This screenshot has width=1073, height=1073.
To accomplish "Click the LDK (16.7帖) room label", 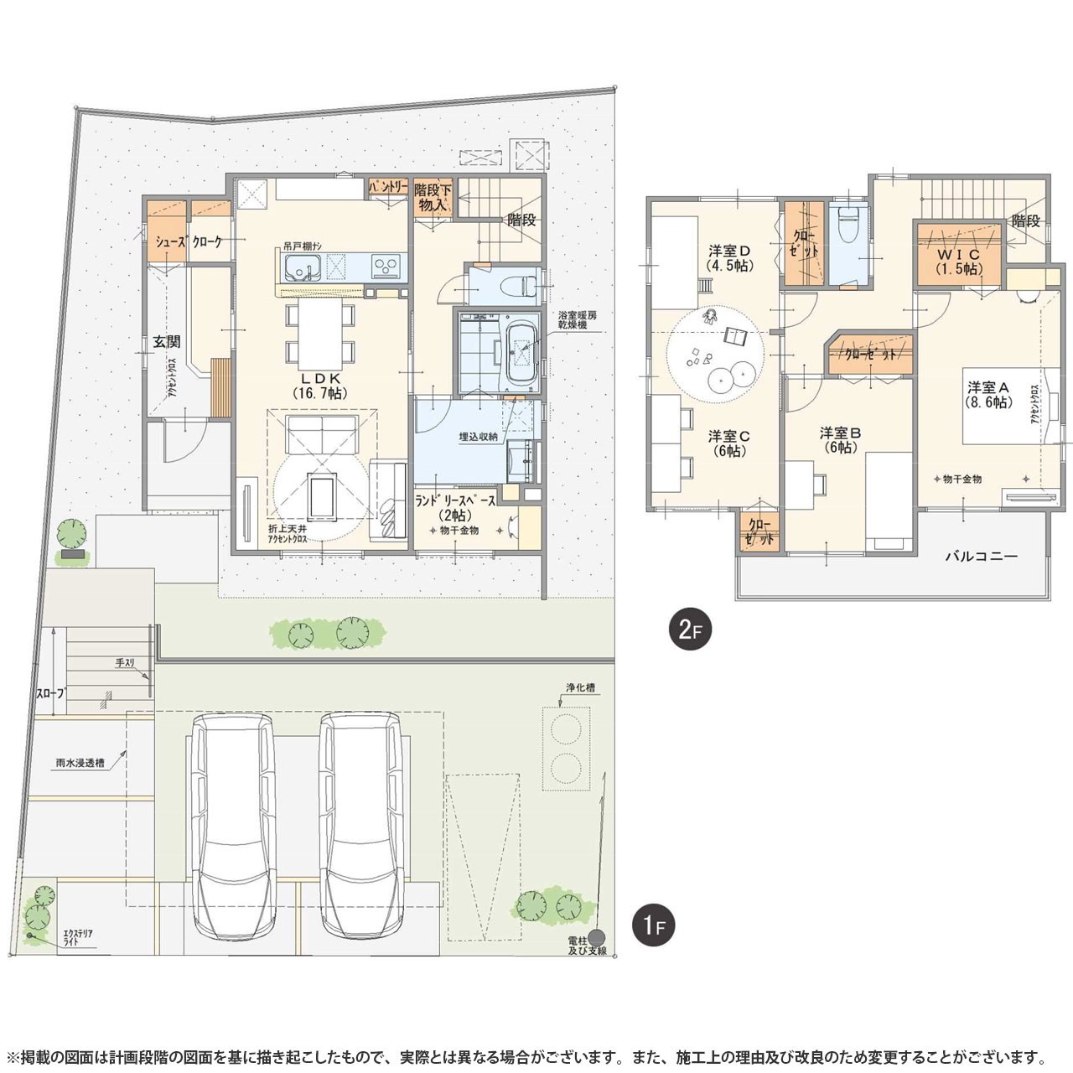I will click(x=320, y=385).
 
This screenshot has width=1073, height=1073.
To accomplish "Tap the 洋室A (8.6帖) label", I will click(x=989, y=394).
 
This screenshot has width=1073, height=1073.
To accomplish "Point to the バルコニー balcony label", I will click(x=981, y=555).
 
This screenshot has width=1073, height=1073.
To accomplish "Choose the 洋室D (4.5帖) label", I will click(x=728, y=257).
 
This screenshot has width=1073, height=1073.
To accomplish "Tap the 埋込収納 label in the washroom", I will click(x=479, y=437).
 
